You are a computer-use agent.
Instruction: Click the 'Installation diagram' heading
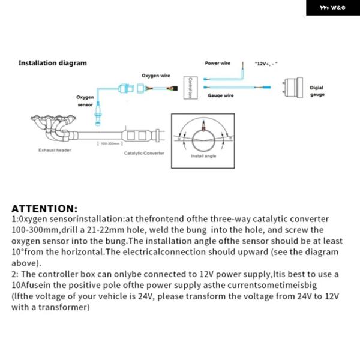52,63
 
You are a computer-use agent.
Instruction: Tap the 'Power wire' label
217,63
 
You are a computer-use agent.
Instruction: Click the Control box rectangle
190,88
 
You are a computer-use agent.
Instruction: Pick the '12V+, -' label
266,64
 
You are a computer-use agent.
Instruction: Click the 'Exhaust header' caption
55,150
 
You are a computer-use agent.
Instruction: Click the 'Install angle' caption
202,156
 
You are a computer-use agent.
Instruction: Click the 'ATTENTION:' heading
44,209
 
